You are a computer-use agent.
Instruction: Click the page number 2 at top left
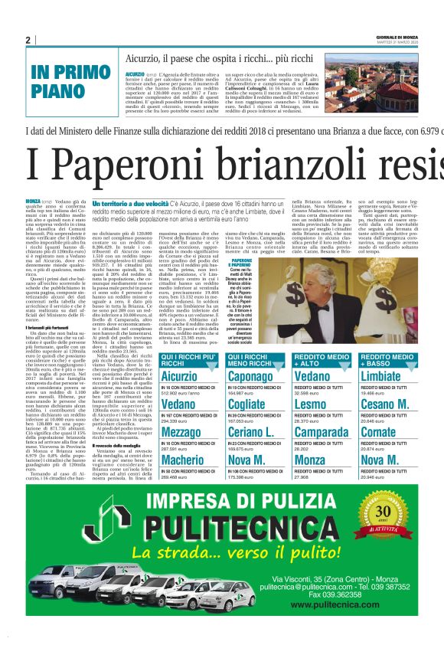click(x=28, y=40)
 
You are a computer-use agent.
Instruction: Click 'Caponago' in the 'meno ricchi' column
click(x=250, y=376)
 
